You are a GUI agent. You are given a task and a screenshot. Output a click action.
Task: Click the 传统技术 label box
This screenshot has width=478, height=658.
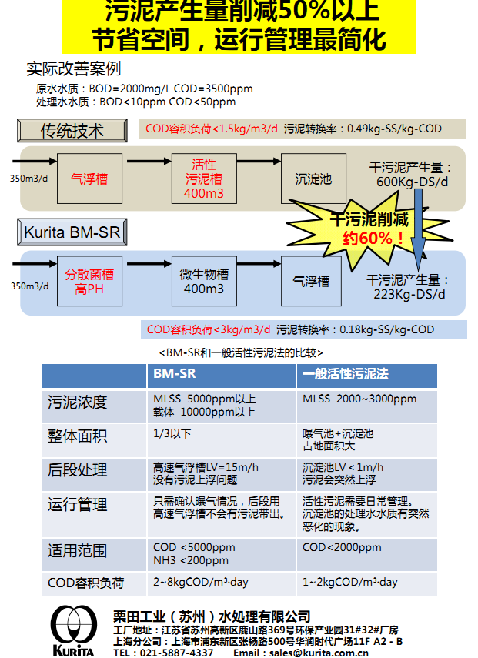coord(72,131)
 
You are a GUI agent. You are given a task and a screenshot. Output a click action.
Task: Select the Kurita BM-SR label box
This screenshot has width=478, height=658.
coord(72,232)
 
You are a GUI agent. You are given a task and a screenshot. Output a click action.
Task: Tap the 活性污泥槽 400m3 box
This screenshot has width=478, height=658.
coord(204,179)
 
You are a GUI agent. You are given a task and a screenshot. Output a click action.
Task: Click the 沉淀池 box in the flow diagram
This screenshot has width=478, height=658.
coord(313,179)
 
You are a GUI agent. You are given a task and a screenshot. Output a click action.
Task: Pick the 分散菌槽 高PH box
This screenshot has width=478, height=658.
coord(89,281)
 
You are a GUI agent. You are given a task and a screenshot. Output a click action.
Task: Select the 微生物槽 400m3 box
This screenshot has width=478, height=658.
coord(204,281)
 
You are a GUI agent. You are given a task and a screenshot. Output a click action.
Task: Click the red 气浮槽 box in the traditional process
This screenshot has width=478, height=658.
coord(89,179)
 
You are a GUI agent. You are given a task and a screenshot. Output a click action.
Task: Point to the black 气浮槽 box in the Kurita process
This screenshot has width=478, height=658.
coord(311,281)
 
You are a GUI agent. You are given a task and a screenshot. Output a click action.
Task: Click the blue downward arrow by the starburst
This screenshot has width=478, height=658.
coord(418,229)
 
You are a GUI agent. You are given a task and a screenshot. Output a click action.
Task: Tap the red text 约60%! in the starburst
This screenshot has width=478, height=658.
coord(373,239)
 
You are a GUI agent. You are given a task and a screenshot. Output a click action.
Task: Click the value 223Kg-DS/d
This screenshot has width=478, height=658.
coord(409,294)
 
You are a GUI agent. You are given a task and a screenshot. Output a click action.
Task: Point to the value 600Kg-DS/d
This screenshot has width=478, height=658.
coord(412,182)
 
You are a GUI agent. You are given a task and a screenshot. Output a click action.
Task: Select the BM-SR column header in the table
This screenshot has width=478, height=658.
coord(221,375)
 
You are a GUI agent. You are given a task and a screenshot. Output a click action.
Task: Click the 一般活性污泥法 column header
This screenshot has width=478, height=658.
coord(367,375)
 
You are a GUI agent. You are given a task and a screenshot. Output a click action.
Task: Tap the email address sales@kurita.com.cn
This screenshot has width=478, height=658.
coord(319,653)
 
